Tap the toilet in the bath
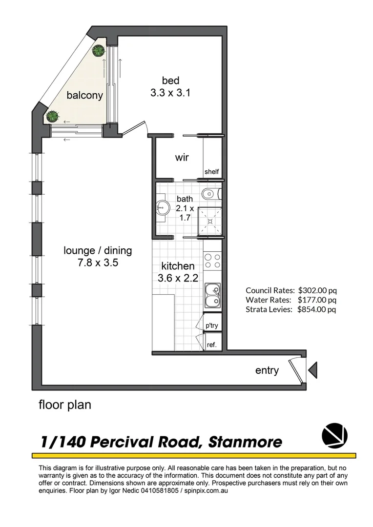click(x=210, y=193)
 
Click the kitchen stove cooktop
click(x=212, y=262)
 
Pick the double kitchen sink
click(x=212, y=295)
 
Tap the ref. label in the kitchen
click(x=212, y=344)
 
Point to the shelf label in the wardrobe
click(x=211, y=171)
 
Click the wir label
click(x=182, y=158)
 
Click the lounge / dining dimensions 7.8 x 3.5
click(x=98, y=263)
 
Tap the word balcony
click(x=85, y=95)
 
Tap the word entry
click(x=267, y=370)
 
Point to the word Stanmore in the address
click(x=245, y=442)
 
